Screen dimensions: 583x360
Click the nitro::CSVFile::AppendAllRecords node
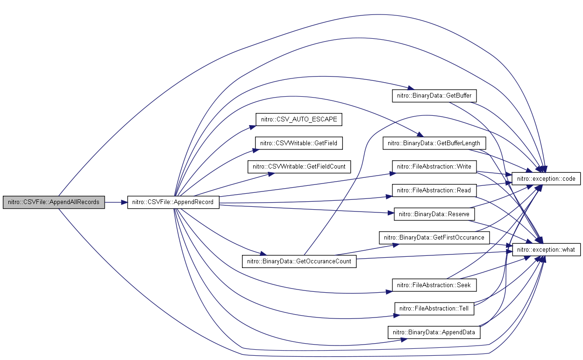point(54,202)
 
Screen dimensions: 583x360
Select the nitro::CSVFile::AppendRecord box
point(173,202)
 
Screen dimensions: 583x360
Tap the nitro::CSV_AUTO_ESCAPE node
point(299,120)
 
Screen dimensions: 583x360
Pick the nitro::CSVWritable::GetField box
point(299,143)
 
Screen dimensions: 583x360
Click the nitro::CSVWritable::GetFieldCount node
point(299,167)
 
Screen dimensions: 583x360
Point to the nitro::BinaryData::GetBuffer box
point(434,96)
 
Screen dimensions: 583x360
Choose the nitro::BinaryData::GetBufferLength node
point(434,143)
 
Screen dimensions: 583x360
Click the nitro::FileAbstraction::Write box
point(434,167)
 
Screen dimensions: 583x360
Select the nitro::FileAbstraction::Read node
point(434,191)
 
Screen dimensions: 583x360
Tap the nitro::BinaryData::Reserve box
point(434,214)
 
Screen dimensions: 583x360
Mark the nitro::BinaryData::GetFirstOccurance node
point(434,238)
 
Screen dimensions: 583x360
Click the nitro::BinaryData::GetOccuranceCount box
point(299,261)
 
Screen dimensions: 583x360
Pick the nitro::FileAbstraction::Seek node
point(434,285)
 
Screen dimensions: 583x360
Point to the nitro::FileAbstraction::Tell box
point(434,309)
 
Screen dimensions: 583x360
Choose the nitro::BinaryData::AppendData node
point(434,332)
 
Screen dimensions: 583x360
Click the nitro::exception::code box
point(546,179)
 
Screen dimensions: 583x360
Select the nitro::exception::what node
point(546,250)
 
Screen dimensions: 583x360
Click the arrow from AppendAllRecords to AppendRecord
point(116,202)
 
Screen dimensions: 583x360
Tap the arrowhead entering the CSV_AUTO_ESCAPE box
point(252,127)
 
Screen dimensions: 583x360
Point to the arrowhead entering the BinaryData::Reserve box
point(391,213)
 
